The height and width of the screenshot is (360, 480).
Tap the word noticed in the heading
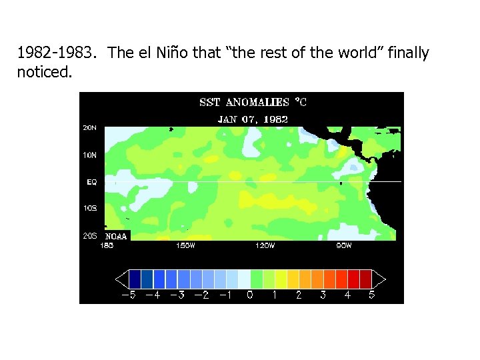tap(44, 71)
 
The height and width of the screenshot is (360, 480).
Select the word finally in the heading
tap(407, 53)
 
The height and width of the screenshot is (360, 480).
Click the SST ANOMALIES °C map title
tap(253, 103)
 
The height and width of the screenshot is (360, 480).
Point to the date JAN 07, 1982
tap(253, 119)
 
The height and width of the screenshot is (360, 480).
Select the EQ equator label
tap(91, 181)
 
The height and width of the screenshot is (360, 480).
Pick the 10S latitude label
tap(89, 208)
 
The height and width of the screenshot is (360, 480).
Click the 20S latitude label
tap(89, 235)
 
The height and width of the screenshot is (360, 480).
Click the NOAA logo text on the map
tap(115, 235)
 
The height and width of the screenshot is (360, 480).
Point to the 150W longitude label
tap(186, 245)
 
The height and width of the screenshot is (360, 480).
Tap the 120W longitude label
tap(265, 245)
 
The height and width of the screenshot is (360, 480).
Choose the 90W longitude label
tap(344, 245)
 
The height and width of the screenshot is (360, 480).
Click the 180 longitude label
tap(107, 245)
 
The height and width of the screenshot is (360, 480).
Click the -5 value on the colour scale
tap(127, 295)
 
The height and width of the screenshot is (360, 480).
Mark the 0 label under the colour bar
tap(250, 295)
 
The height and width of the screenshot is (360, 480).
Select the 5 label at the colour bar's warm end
tap(371, 295)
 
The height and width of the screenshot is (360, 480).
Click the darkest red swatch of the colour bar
tap(365, 279)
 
